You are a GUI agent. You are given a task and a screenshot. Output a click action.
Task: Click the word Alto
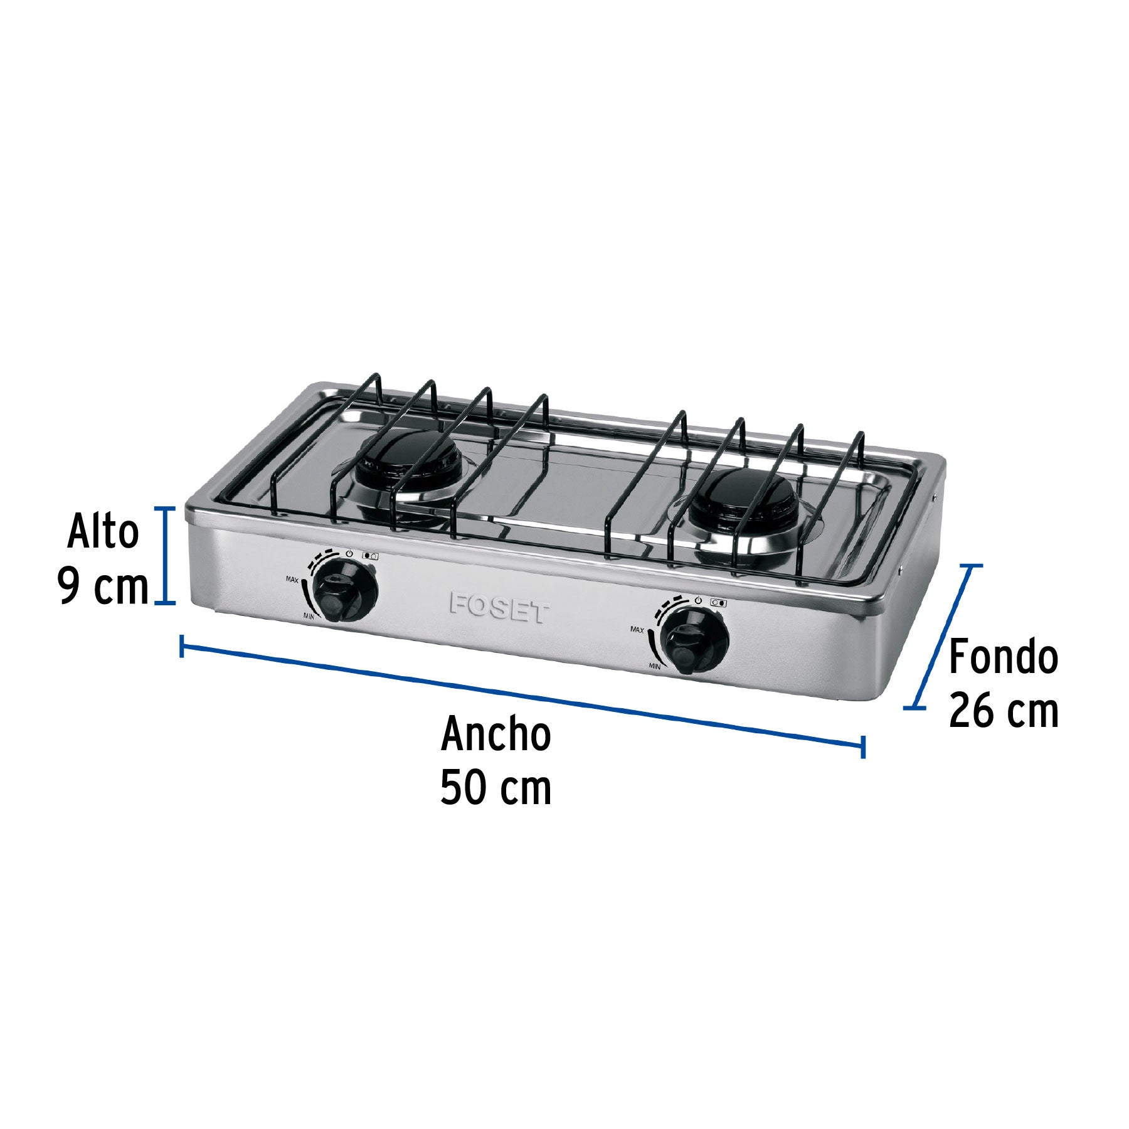point(103,533)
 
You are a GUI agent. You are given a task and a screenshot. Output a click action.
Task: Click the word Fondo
point(1003,658)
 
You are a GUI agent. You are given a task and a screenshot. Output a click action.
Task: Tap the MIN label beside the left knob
point(309,617)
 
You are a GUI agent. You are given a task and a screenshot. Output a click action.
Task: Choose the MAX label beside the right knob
point(638,629)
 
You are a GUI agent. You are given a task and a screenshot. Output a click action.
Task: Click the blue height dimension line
point(166,555)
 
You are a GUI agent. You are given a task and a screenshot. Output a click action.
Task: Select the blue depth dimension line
point(943,637)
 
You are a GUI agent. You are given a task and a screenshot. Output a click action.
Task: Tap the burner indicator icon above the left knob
point(370,556)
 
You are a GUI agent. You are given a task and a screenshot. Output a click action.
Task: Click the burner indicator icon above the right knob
point(719,603)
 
